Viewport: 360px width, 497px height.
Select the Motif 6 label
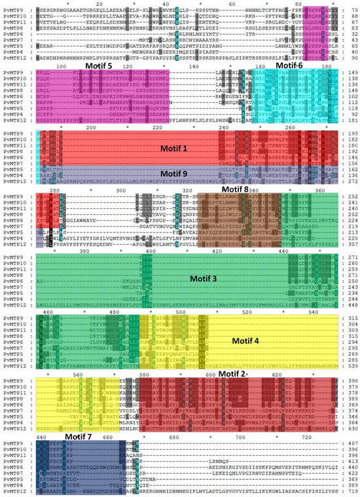click(289, 65)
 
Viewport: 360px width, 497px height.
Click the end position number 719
click(351, 489)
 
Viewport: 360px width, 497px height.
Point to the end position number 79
click(351, 9)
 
